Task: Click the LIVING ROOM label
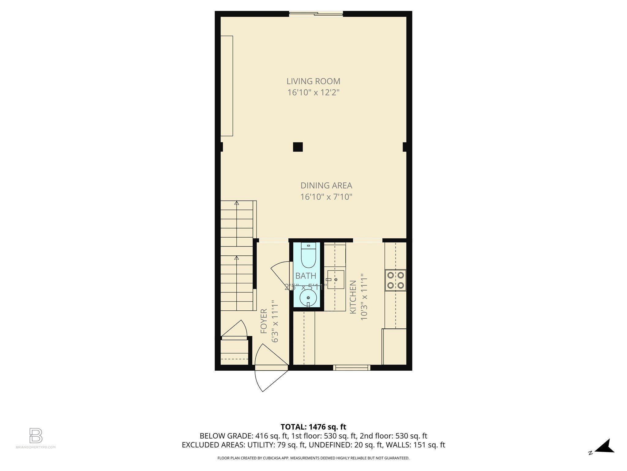313,81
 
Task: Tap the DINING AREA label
326,186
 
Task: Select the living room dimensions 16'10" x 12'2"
313,92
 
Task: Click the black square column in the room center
298,147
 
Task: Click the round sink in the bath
308,298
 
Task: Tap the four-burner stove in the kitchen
395,280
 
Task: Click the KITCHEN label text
353,297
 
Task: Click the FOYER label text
264,321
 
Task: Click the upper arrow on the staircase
236,203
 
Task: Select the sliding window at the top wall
316,13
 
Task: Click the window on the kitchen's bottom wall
351,367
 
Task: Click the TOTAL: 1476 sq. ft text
313,427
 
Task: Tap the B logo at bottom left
36,435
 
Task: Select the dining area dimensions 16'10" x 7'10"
326,197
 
